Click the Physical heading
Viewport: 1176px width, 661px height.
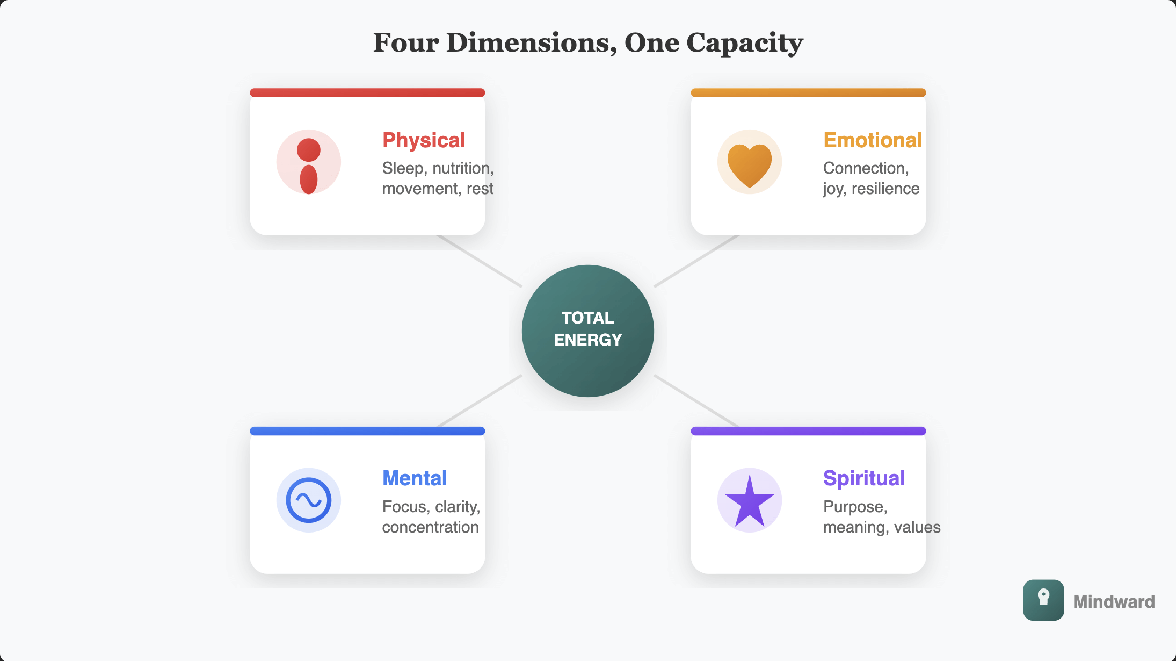click(423, 140)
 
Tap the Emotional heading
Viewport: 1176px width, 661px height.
click(872, 140)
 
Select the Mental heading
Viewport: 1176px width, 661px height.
click(414, 478)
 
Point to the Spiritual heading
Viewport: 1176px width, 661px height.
click(863, 478)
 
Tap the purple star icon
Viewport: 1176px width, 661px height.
click(749, 501)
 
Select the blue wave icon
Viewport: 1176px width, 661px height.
click(309, 500)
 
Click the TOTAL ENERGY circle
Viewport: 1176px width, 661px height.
click(587, 330)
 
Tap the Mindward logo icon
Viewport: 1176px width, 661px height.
click(1043, 600)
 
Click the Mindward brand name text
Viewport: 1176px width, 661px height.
click(1113, 601)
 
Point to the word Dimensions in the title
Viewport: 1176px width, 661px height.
click(532, 43)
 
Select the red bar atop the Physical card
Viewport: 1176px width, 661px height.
click(367, 92)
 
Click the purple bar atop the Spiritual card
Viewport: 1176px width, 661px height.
click(808, 431)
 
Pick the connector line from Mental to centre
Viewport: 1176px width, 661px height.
click(480, 400)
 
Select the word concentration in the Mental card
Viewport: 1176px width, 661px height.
click(430, 527)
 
